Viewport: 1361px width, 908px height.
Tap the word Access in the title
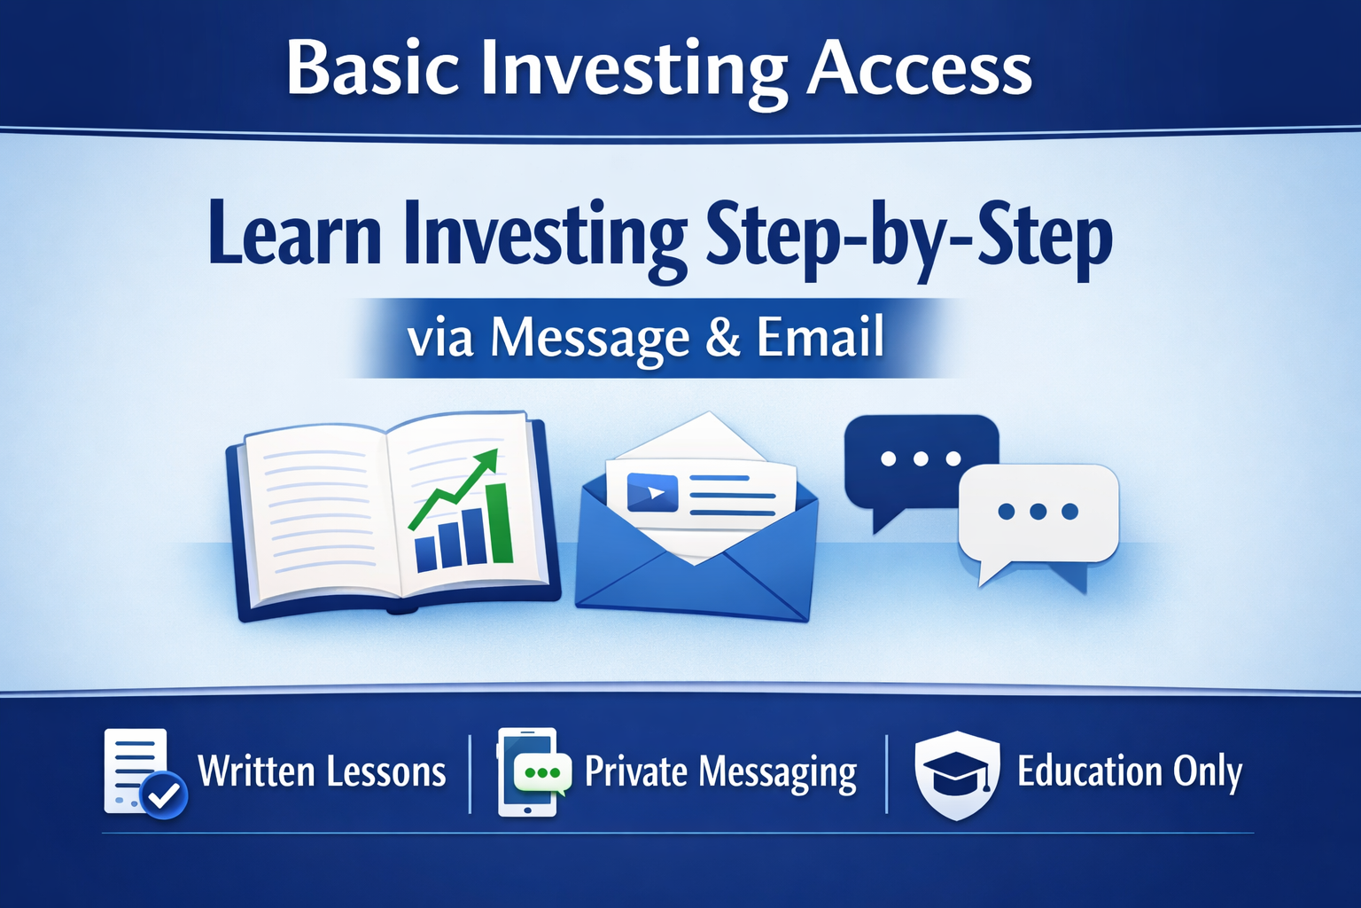[x=919, y=69]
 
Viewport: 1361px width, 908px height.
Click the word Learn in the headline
[x=295, y=235]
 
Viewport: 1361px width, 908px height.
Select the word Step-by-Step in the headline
[x=910, y=241]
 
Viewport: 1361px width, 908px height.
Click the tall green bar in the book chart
[x=500, y=524]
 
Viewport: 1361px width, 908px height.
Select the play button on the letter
[x=652, y=492]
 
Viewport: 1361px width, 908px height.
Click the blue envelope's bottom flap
[x=692, y=587]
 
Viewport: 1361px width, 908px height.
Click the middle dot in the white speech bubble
[x=1038, y=512]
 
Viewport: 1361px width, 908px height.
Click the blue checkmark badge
[x=163, y=794]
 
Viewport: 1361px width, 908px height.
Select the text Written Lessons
[x=322, y=771]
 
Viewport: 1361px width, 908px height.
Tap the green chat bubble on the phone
[x=542, y=773]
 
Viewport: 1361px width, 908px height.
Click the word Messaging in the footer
[x=778, y=773]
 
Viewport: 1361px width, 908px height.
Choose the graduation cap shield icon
[x=957, y=775]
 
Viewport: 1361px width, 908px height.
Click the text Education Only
[x=1130, y=772]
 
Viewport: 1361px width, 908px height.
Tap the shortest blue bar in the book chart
[x=425, y=553]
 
